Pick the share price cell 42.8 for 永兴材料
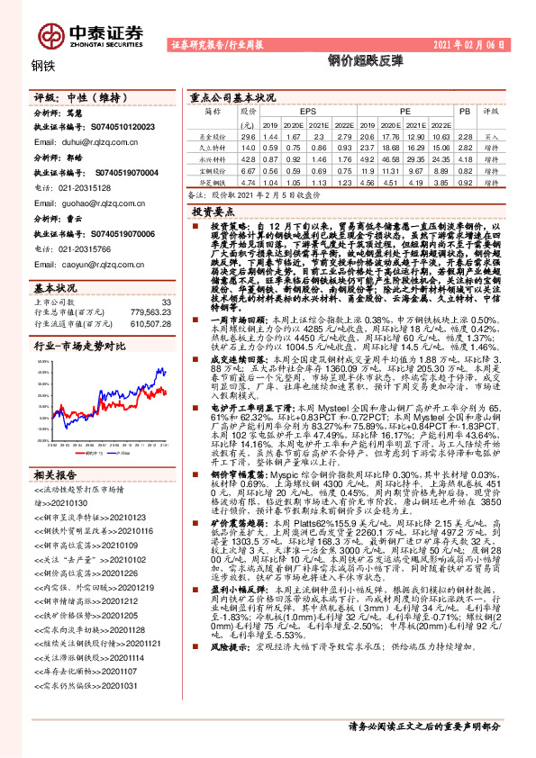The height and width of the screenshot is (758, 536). (x=249, y=157)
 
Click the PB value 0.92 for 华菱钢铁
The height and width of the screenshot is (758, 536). (x=465, y=180)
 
